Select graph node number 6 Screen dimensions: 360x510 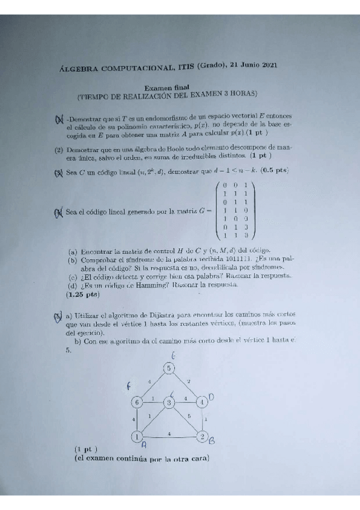(137, 402)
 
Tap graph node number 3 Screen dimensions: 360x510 (169, 402)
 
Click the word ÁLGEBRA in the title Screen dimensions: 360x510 (83, 69)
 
